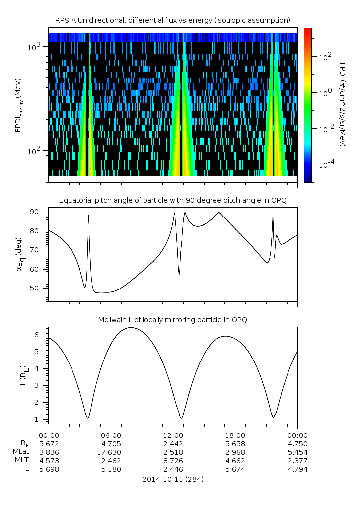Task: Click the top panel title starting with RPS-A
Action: click(173, 20)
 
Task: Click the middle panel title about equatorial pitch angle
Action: click(173, 200)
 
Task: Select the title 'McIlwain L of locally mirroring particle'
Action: click(173, 319)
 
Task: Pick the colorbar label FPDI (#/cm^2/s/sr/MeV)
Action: click(342, 104)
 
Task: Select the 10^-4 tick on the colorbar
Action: click(325, 163)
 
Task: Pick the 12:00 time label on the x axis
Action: click(173, 435)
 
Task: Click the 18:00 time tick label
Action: click(235, 435)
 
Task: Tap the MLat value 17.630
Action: click(111, 452)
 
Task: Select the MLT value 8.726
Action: click(173, 460)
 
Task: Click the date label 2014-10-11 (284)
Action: click(173, 479)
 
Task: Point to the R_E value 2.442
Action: click(173, 443)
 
